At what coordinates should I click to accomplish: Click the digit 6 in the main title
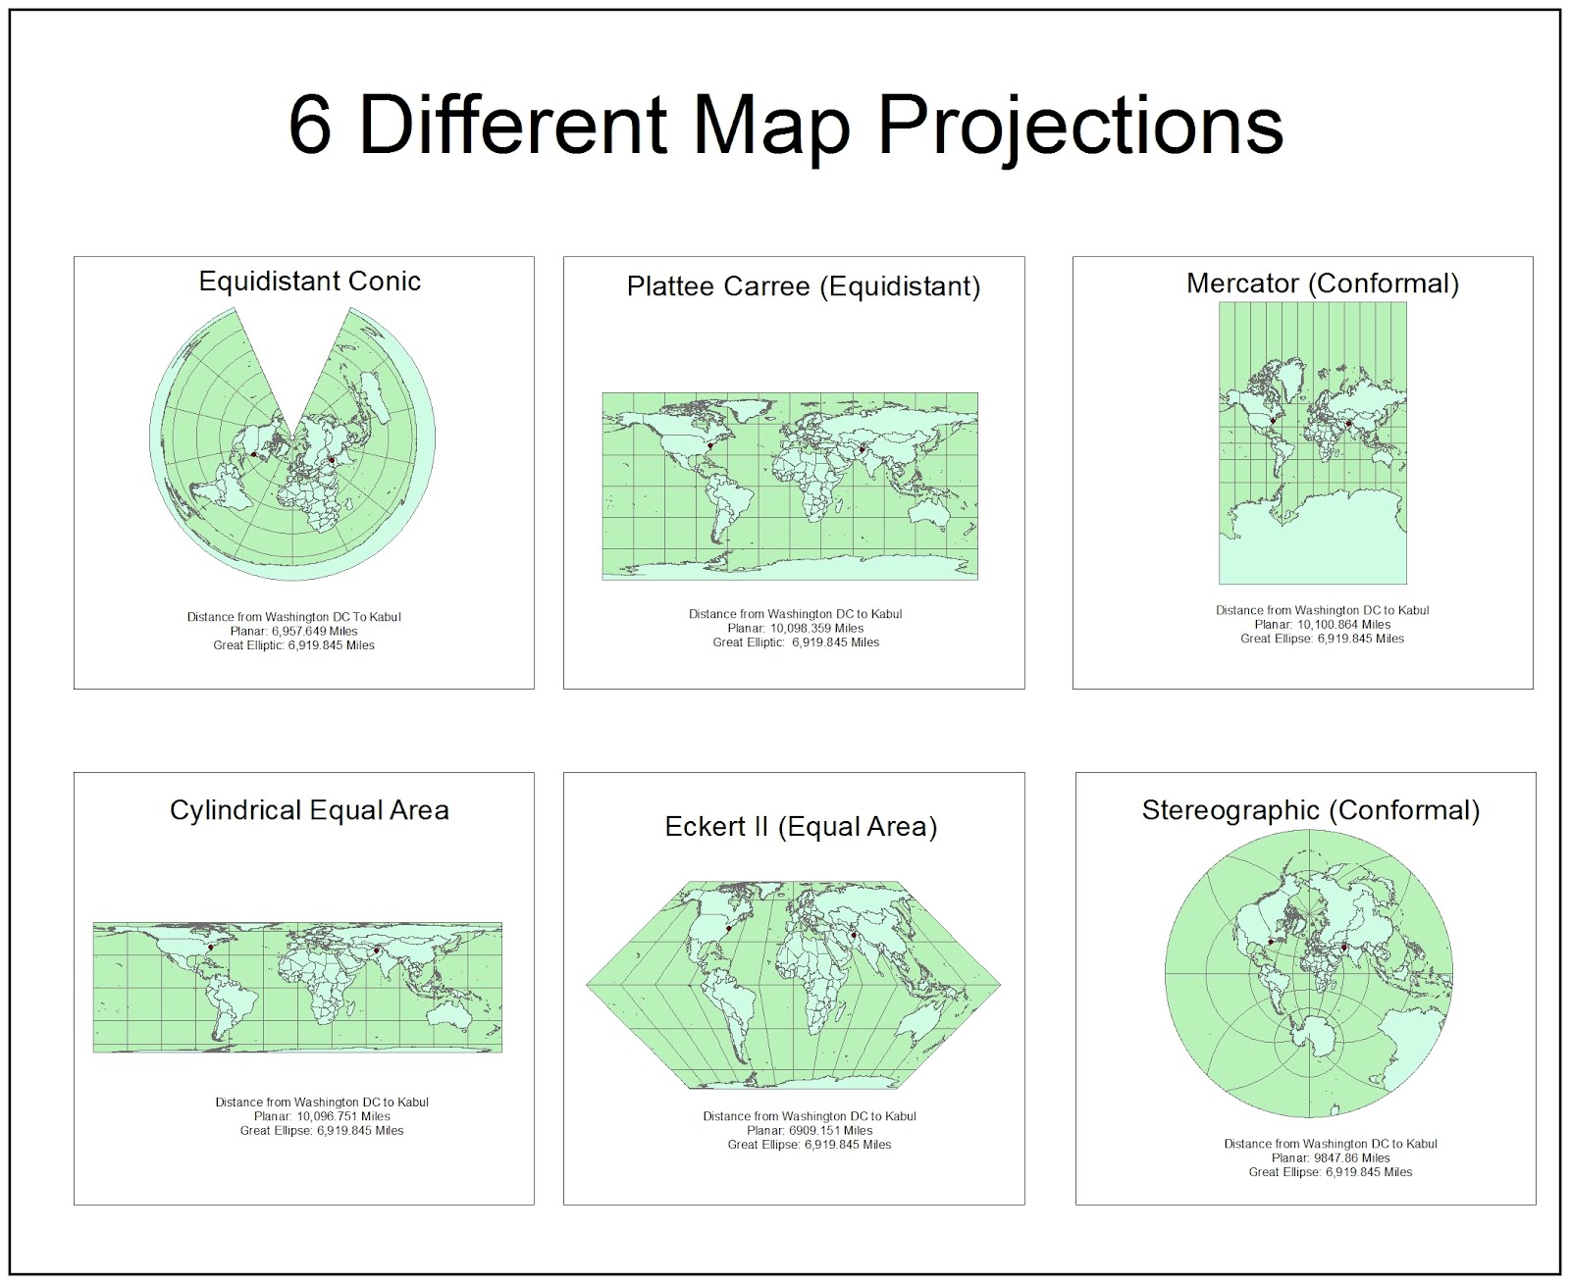coord(309,127)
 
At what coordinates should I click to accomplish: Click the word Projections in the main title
coord(1079,127)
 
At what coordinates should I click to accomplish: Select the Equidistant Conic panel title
coord(309,282)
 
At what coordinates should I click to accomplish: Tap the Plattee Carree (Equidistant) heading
coord(803,286)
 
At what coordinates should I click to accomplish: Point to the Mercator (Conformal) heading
coord(1322,283)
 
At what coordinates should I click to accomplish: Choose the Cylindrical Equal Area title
coord(309,810)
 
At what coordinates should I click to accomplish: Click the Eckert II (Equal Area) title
coord(801,827)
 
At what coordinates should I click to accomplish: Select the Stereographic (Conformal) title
coord(1310,810)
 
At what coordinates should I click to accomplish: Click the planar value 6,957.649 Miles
coord(314,631)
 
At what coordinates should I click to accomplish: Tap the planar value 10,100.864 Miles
coord(1343,624)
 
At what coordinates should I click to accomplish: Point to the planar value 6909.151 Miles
coord(830,1130)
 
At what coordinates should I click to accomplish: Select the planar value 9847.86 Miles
coord(1351,1157)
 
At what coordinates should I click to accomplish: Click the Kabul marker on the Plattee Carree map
coord(862,449)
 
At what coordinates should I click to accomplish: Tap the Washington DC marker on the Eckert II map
coord(729,928)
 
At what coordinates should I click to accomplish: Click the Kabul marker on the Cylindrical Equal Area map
coord(377,950)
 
